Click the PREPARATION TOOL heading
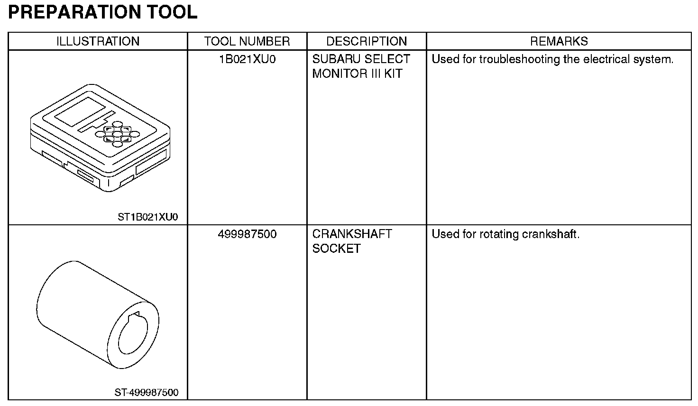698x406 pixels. (x=102, y=12)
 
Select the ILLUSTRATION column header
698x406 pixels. (x=98, y=41)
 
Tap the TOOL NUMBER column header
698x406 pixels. (x=247, y=41)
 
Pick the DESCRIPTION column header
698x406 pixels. (x=367, y=41)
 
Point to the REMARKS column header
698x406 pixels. (x=559, y=41)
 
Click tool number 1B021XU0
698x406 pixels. (x=247, y=59)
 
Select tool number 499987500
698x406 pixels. (x=247, y=234)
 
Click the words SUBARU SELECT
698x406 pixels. (x=361, y=59)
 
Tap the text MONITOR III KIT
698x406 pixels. (x=357, y=74)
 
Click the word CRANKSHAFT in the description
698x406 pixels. (x=352, y=234)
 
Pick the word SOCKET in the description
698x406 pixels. (x=336, y=249)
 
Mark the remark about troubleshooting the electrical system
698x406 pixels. (x=552, y=59)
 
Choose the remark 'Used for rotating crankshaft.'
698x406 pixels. (x=505, y=234)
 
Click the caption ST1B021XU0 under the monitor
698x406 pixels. (x=147, y=217)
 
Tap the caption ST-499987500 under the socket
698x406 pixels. (x=147, y=393)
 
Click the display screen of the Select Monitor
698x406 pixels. (x=80, y=112)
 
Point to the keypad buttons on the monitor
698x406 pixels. (x=118, y=136)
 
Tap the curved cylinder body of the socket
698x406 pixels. (x=76, y=299)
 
